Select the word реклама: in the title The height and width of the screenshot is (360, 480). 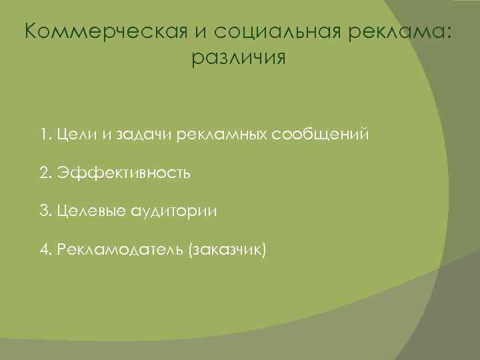(x=397, y=31)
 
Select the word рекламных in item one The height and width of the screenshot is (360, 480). (x=222, y=135)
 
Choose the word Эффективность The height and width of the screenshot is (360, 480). (x=124, y=173)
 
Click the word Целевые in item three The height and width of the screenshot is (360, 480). (x=90, y=211)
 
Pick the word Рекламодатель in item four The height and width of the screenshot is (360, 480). (x=120, y=250)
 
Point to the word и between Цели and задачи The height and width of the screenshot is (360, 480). (x=108, y=136)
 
